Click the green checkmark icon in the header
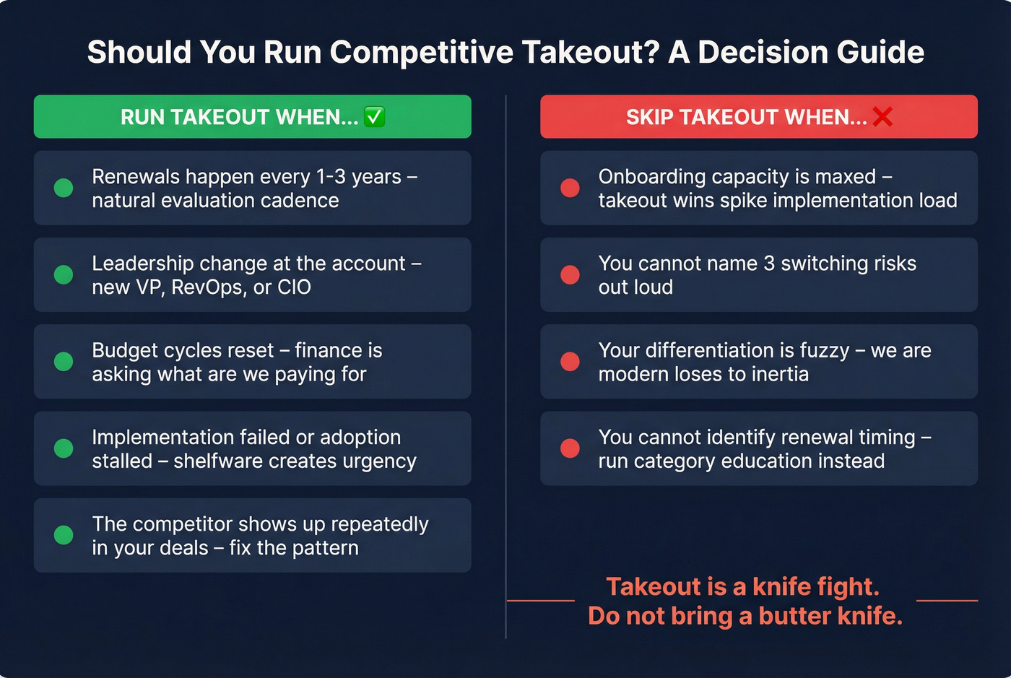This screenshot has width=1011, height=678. tap(374, 117)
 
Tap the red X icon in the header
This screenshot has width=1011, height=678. tap(882, 117)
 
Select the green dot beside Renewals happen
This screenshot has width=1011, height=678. tap(64, 188)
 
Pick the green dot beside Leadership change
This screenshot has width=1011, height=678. tap(64, 274)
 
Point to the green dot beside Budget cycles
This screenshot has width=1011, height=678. tap(64, 361)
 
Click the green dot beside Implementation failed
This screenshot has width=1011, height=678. tap(64, 448)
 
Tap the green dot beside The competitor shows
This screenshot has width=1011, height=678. tap(64, 535)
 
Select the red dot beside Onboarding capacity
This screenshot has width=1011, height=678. tap(570, 188)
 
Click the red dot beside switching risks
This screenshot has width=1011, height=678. tap(570, 274)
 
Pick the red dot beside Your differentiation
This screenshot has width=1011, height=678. tap(570, 361)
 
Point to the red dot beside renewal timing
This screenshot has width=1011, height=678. tap(570, 448)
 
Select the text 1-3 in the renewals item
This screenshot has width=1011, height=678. tap(331, 177)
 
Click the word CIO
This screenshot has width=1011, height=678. tap(294, 287)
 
